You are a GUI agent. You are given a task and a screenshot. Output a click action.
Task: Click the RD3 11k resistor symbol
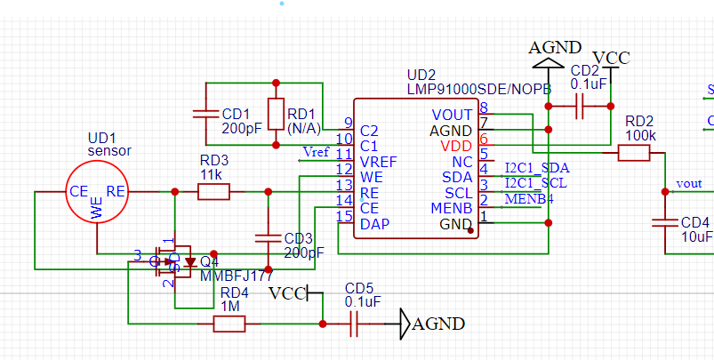pos(213,191)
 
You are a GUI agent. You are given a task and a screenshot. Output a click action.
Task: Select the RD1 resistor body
pos(276,114)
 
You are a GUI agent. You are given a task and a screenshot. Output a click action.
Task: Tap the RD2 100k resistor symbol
pos(633,153)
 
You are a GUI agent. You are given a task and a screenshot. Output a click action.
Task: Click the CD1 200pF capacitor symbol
pos(206,114)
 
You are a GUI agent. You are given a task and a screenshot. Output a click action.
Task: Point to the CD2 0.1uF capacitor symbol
pos(579,108)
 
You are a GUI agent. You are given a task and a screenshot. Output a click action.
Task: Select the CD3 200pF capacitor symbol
pos(267,237)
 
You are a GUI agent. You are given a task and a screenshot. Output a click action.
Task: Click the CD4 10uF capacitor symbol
pos(664,221)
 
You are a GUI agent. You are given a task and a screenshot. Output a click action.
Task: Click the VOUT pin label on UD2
pos(452,115)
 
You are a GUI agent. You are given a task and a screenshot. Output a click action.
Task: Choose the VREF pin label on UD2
pos(378,161)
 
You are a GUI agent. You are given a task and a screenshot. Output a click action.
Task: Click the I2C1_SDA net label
pos(536,167)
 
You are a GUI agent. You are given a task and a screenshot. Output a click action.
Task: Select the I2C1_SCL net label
pos(535,182)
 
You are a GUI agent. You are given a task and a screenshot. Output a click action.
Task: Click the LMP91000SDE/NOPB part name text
pos(479,89)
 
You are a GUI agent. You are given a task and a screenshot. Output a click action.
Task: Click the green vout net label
pos(689,183)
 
